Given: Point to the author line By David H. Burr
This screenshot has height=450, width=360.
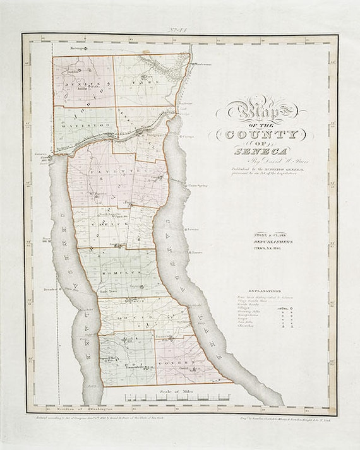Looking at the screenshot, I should tap(261, 162).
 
